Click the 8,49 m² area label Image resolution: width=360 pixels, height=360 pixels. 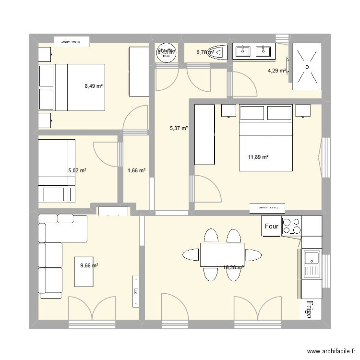point(94,86)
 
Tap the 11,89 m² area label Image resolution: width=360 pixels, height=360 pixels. point(258,157)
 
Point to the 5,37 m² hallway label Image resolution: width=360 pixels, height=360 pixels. point(179,128)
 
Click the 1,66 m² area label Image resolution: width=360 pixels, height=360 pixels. point(136,170)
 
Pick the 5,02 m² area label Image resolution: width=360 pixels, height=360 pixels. point(77,170)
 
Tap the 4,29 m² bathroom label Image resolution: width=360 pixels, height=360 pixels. point(276,71)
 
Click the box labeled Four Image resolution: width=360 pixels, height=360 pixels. point(271,226)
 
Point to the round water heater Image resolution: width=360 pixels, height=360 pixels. point(166,52)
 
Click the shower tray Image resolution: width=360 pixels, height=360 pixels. point(307,67)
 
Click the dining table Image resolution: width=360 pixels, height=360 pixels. point(222,255)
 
